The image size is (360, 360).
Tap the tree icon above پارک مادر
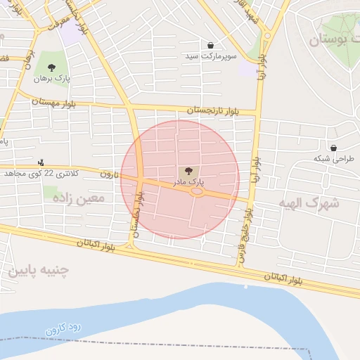pos(187,171)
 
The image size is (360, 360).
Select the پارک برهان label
pos(52,78)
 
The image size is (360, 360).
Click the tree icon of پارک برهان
pos(52,67)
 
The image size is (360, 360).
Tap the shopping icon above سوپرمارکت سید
pos(210,45)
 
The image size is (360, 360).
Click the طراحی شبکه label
pos(333,159)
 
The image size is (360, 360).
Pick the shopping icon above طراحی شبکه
pos(333,148)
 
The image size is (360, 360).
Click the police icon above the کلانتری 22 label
pos(41,162)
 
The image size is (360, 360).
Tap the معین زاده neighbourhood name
pos(79,199)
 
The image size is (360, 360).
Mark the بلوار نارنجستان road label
pos(214,110)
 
